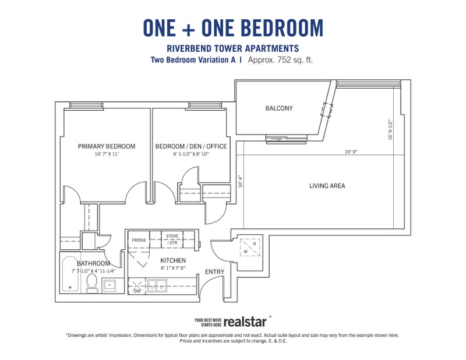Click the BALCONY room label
(x=279, y=108)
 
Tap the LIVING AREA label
(x=327, y=186)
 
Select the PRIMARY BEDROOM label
(x=107, y=146)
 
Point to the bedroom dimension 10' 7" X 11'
(x=107, y=154)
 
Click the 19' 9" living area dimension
(x=351, y=152)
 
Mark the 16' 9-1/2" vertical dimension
(x=390, y=130)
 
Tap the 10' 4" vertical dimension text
(x=241, y=181)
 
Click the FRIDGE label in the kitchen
(x=139, y=240)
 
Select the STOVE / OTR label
(x=172, y=239)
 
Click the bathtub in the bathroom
(x=70, y=274)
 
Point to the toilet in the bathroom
(x=91, y=283)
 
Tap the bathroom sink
(x=110, y=285)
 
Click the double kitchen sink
(x=157, y=285)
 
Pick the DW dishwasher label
(x=137, y=291)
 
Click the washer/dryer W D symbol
(x=250, y=248)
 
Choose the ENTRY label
(x=214, y=271)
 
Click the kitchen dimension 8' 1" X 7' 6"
(x=173, y=268)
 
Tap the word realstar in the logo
(x=245, y=322)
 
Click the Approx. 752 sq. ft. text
(x=280, y=60)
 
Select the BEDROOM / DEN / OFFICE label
(x=191, y=146)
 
